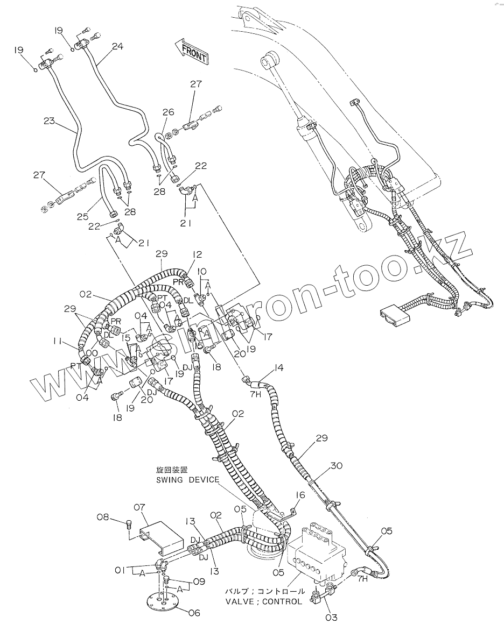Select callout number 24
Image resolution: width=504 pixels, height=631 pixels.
(x=117, y=47)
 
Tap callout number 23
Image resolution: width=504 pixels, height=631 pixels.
(x=49, y=122)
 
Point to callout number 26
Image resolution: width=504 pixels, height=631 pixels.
(x=169, y=112)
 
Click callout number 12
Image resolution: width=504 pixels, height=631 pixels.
(x=197, y=254)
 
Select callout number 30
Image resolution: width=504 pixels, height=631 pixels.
(x=337, y=465)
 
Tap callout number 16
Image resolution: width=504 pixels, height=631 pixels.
(x=300, y=495)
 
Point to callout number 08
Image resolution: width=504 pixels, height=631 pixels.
(x=102, y=517)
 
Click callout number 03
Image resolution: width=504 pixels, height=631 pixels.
(x=331, y=618)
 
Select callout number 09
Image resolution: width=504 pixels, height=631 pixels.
(x=184, y=582)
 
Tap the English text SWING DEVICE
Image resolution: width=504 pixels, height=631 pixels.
(x=187, y=480)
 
